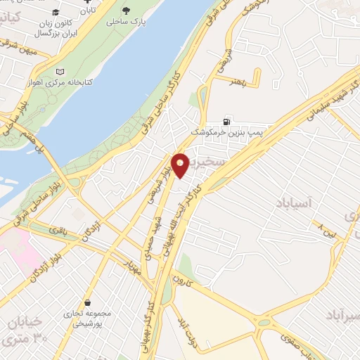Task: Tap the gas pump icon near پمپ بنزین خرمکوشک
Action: click(x=226, y=120)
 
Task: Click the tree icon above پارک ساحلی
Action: click(x=126, y=11)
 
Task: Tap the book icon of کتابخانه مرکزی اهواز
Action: click(x=60, y=72)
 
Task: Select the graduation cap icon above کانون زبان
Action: click(x=56, y=13)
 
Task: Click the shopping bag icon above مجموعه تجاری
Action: click(x=86, y=302)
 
